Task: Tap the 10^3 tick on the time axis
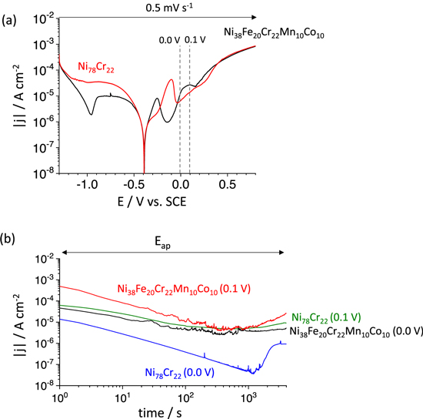click(249, 393)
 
